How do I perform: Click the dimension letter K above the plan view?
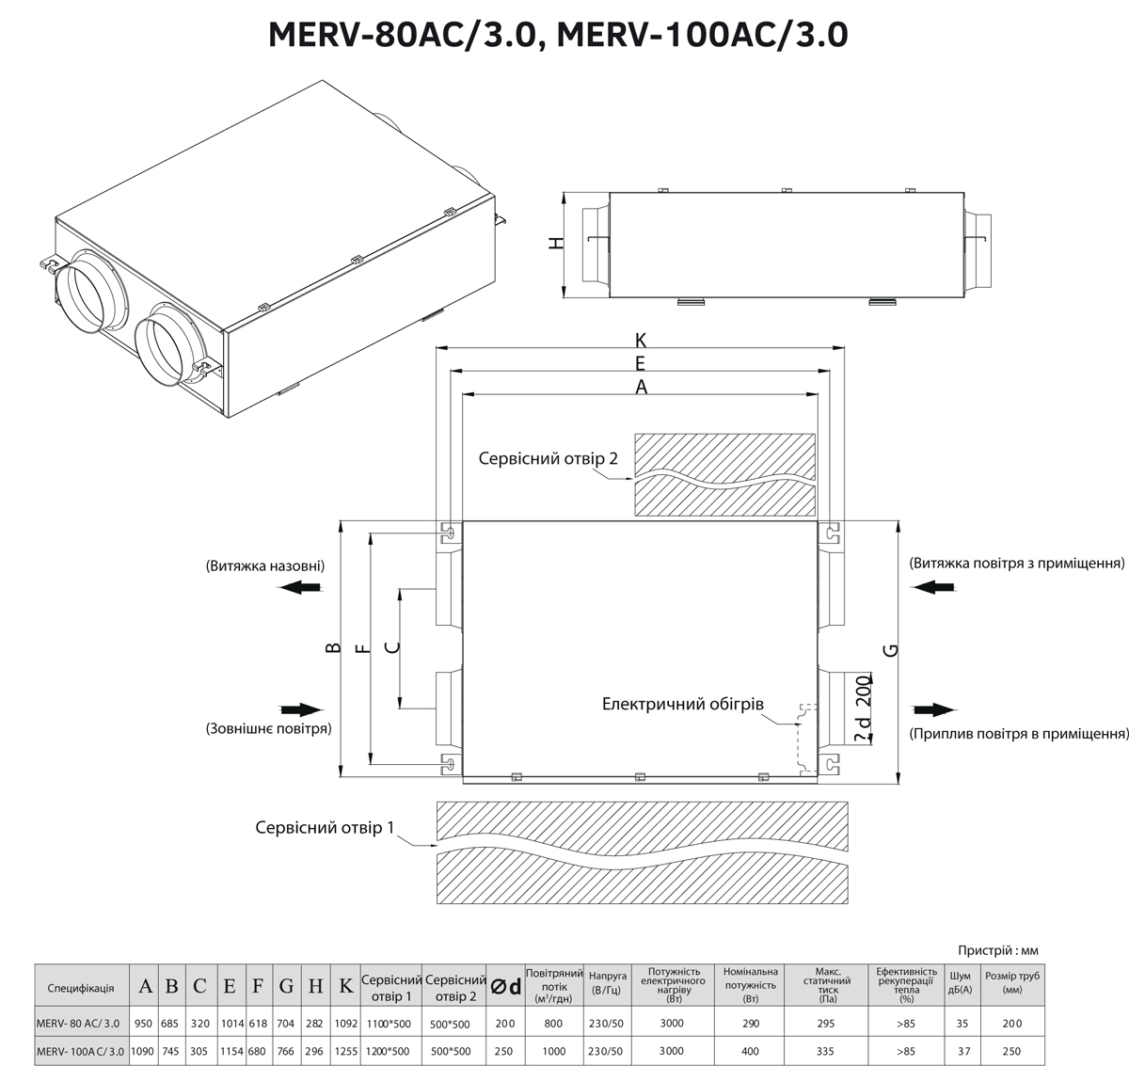(641, 340)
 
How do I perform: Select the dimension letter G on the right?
(892, 650)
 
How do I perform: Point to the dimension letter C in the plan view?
(392, 647)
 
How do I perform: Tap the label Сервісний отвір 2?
(548, 458)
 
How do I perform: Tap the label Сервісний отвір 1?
(324, 827)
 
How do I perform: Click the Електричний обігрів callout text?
(683, 704)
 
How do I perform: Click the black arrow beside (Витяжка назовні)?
(301, 587)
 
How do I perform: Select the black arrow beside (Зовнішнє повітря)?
(301, 709)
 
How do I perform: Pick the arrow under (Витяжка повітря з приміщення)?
(934, 587)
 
